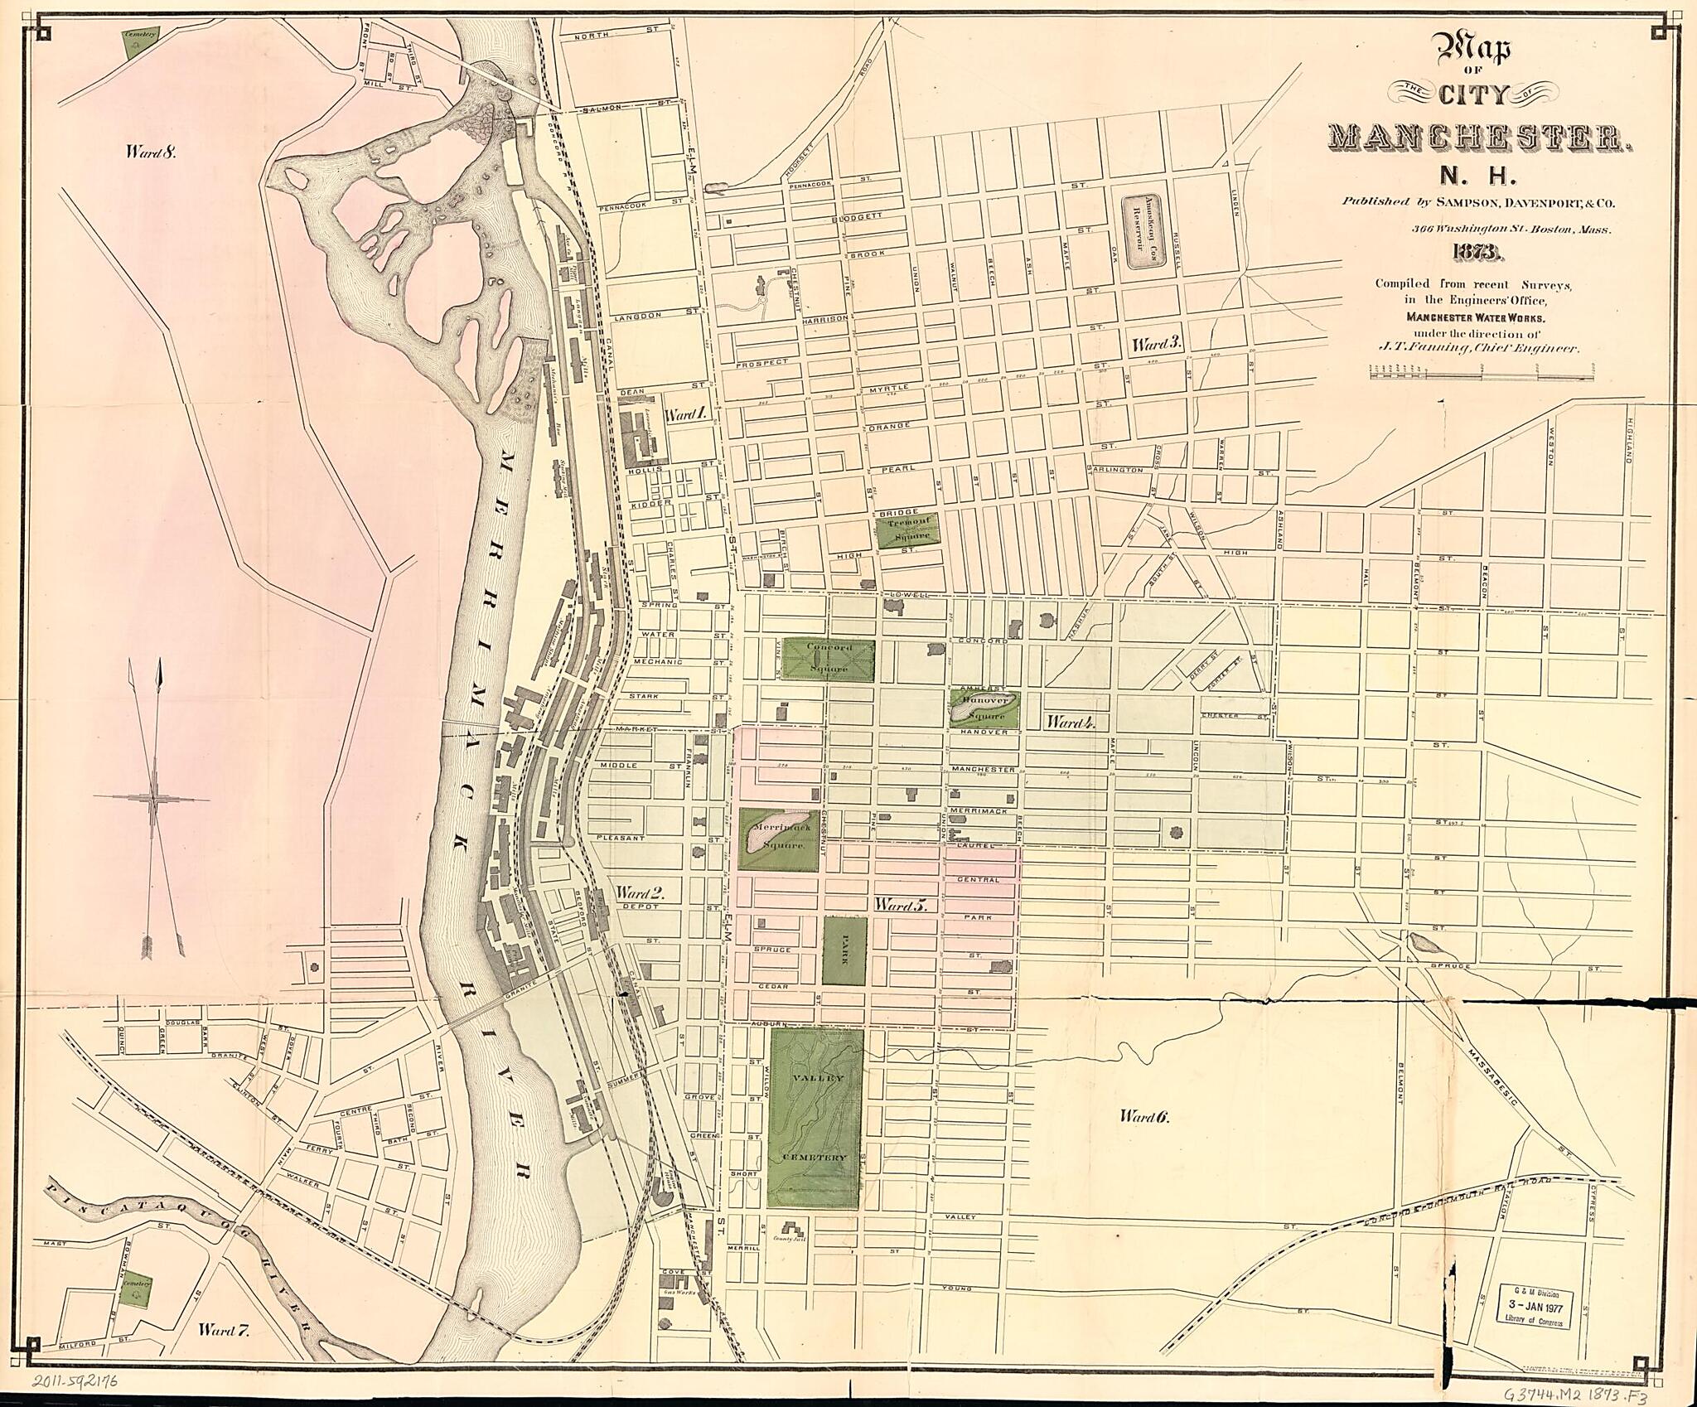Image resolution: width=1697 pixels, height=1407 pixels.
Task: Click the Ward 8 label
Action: coord(152,152)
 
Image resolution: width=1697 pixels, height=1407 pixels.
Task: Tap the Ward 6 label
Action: coord(1143,1117)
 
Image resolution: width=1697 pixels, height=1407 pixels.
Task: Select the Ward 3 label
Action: coord(1157,344)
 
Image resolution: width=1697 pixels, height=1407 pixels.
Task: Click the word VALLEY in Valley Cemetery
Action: coord(816,1078)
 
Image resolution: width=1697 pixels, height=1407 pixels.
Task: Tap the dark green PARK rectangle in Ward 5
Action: coord(844,950)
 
